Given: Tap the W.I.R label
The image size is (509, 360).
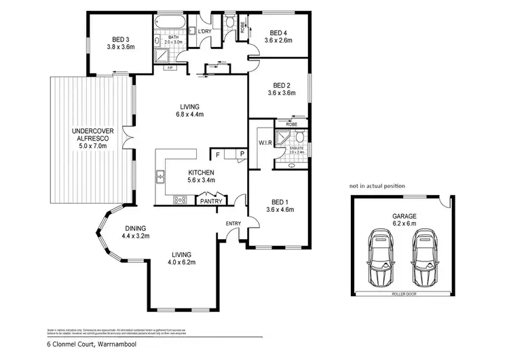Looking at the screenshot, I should click(265, 143).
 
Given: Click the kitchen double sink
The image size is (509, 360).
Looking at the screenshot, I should click(162, 178).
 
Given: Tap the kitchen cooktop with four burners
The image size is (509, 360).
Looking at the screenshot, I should click(181, 200).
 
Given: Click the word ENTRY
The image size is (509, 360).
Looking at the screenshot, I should click(233, 223).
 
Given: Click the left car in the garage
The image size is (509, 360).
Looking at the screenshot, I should click(382, 257).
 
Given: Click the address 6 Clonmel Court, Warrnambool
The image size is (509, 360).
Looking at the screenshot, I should click(85, 345).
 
